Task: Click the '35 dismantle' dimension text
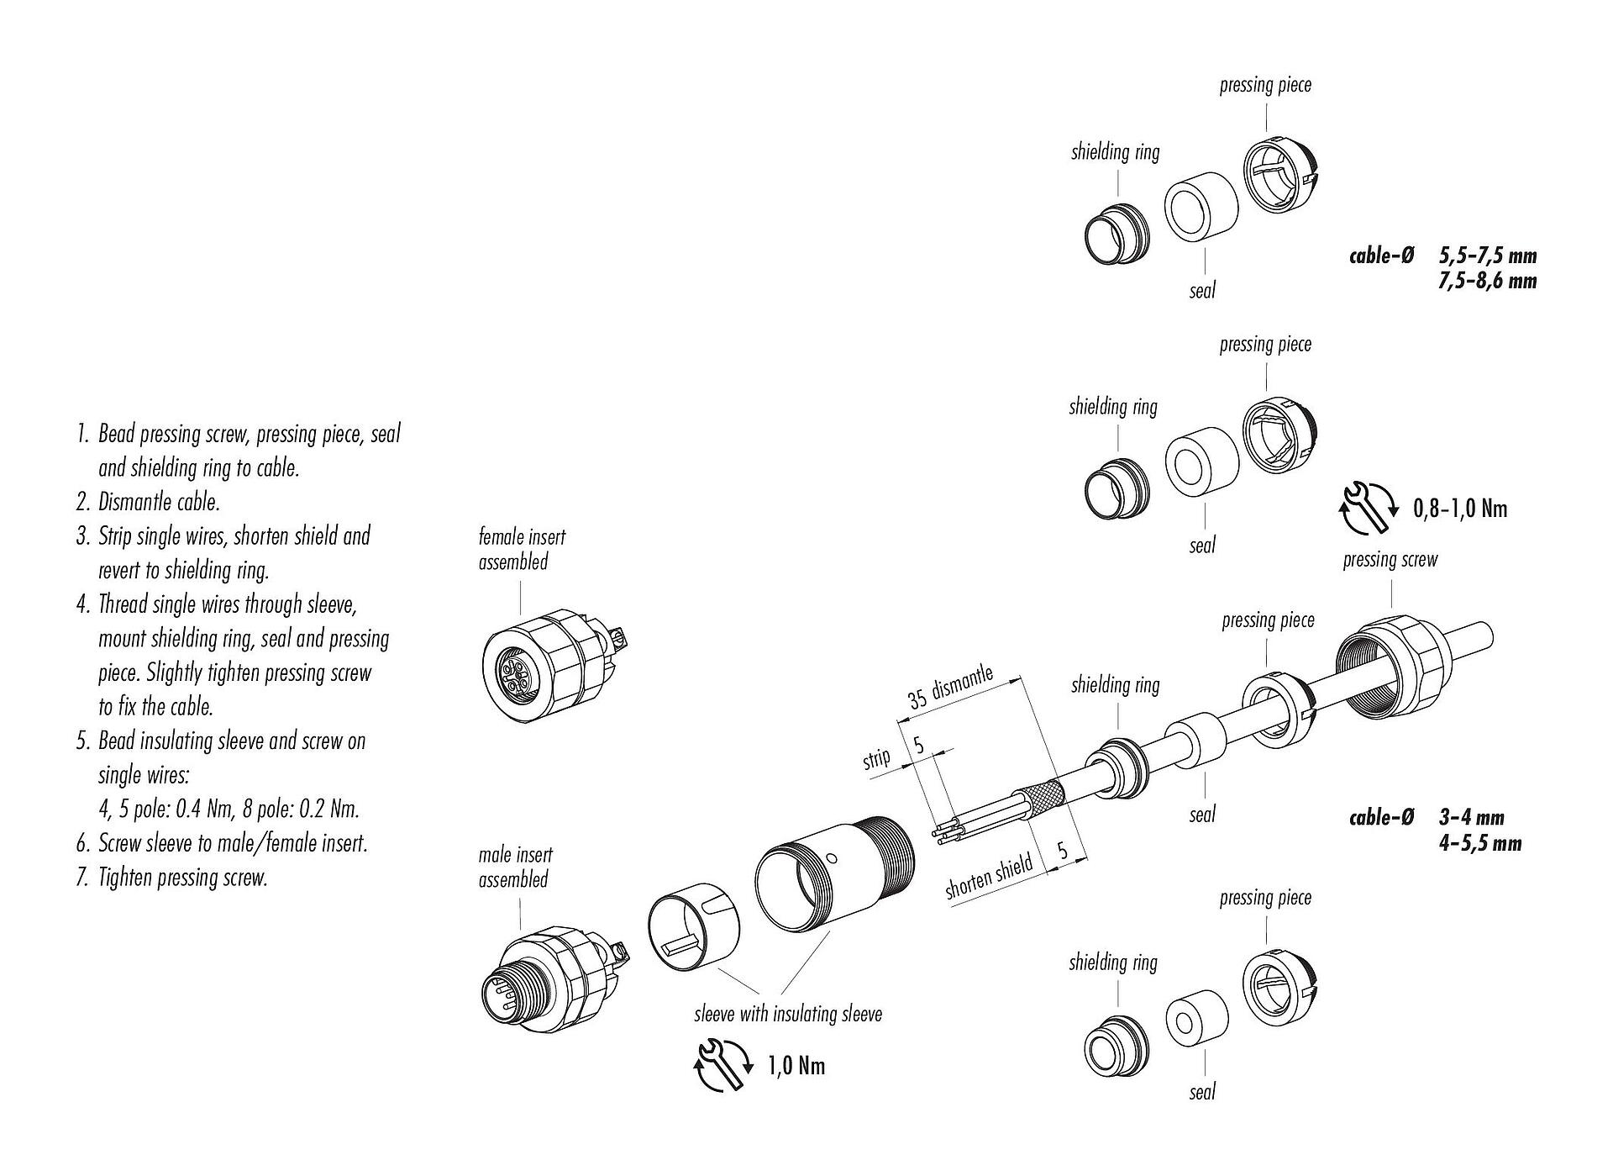point(950,688)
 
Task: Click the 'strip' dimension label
point(876,758)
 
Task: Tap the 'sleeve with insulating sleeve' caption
point(788,1014)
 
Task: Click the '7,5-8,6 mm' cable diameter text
point(1487,281)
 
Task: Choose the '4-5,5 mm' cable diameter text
point(1479,842)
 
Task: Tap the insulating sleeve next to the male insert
point(694,936)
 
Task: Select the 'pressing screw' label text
point(1390,560)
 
